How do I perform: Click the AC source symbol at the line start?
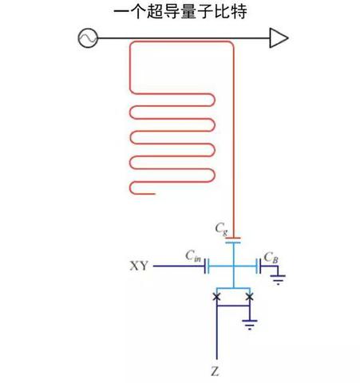point(85,37)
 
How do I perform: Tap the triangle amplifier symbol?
point(278,37)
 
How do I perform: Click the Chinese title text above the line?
point(180,11)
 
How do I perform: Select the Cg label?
point(222,227)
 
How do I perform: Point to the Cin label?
point(192,255)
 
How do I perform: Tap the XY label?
point(139,266)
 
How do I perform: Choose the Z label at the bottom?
point(216,372)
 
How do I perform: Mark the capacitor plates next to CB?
point(258,267)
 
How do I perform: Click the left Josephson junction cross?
point(216,297)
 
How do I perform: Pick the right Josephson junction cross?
point(250,297)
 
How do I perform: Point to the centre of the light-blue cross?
point(232,267)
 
